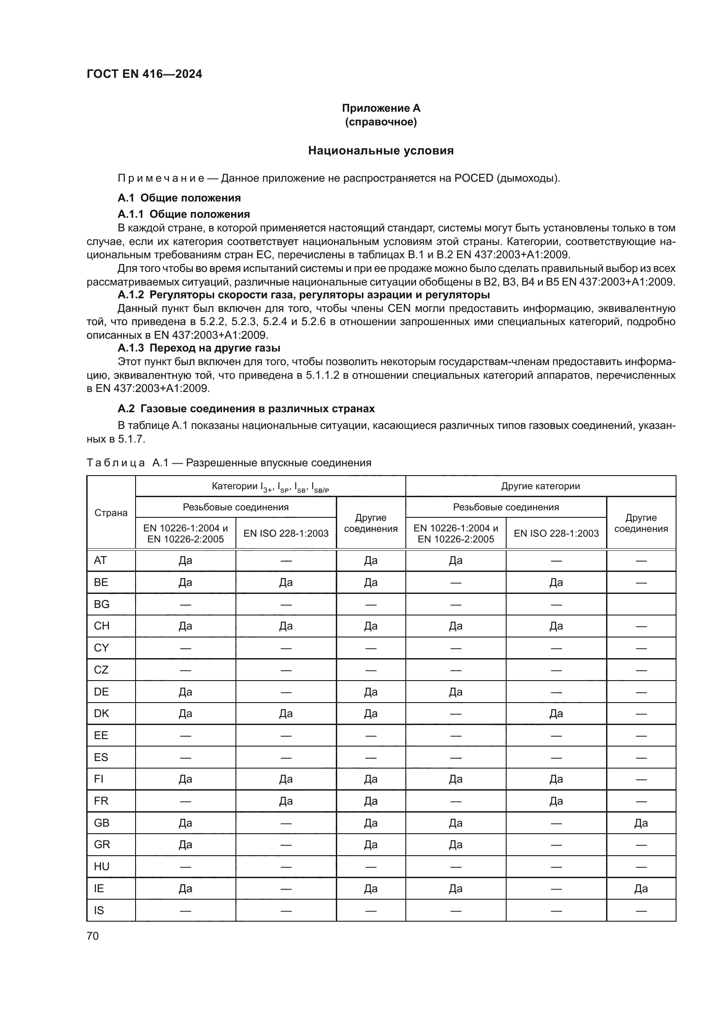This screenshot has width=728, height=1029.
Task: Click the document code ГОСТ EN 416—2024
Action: (x=144, y=74)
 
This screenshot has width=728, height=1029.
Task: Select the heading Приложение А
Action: (x=381, y=108)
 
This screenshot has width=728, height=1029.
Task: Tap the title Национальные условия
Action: (x=381, y=150)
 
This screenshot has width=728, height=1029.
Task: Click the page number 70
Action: (x=93, y=936)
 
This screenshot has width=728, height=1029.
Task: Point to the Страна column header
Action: (x=111, y=513)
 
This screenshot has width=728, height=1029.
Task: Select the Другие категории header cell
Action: (x=540, y=486)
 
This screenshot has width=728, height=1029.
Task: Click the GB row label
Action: (x=102, y=823)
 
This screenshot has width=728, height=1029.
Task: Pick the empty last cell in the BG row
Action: (x=641, y=604)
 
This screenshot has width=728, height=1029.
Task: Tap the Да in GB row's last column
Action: (x=641, y=823)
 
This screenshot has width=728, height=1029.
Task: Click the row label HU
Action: (x=102, y=866)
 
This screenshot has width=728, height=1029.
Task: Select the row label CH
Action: (x=102, y=626)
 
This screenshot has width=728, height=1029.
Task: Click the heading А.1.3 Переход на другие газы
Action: (x=199, y=348)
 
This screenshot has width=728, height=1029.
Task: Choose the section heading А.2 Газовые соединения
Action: (x=246, y=409)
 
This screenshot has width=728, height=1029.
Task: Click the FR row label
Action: (x=101, y=801)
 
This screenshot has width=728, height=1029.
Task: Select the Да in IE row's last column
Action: (x=641, y=888)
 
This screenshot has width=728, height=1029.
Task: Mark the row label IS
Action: (x=99, y=910)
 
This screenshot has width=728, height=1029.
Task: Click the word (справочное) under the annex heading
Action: (x=381, y=122)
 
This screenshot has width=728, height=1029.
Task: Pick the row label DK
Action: (x=101, y=714)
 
